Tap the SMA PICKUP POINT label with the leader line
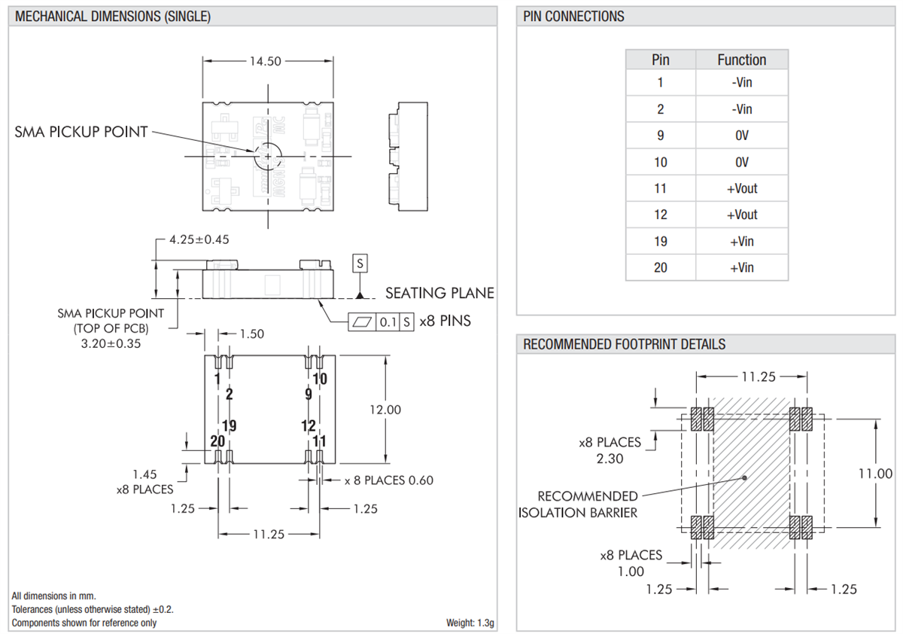[81, 132]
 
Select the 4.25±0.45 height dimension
[199, 239]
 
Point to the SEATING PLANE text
[439, 293]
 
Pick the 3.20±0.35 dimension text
[111, 343]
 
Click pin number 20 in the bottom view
[217, 441]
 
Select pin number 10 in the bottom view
[320, 379]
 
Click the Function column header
[741, 60]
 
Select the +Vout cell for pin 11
[741, 188]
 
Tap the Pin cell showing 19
[660, 241]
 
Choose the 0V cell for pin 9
[741, 136]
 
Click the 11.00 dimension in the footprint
[874, 474]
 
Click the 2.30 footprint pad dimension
[610, 459]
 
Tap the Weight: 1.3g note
[470, 622]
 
